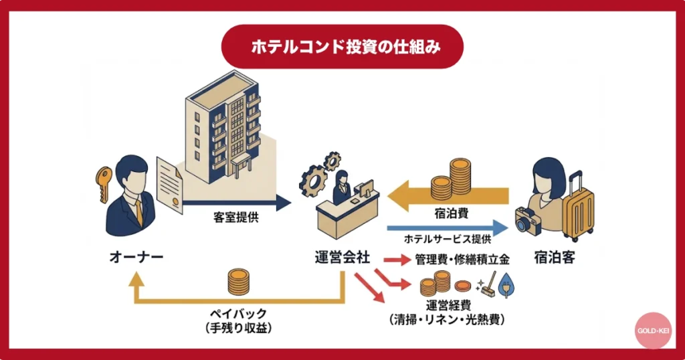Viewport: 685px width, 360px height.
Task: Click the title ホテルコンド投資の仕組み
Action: click(342, 47)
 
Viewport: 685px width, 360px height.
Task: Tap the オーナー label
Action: click(136, 258)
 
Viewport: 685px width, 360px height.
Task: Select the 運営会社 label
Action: click(342, 258)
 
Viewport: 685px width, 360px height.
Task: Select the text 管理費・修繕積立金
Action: click(462, 259)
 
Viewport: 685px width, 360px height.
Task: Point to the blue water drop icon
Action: click(510, 286)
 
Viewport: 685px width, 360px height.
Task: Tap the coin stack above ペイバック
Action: click(238, 282)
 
